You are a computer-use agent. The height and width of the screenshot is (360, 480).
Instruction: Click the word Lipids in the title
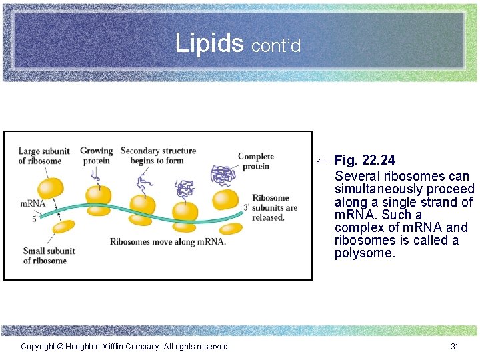tap(209, 43)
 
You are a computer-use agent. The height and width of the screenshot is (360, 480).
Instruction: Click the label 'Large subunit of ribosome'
tap(39, 156)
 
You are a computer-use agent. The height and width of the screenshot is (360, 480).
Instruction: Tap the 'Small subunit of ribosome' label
tap(49, 256)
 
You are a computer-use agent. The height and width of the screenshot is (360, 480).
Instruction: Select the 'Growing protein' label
tap(96, 156)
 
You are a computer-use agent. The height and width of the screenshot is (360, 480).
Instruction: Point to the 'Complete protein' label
tap(255, 161)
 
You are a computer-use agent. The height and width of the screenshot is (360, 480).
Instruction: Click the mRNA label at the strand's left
tap(33, 203)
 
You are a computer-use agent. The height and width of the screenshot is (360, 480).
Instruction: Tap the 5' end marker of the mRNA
tap(34, 219)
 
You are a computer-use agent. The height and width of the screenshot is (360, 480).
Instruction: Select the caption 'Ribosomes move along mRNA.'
tap(168, 241)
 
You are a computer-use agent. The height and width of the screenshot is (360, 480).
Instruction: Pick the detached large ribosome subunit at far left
tap(50, 187)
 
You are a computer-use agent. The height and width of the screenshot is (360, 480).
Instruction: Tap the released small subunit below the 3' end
tap(231, 229)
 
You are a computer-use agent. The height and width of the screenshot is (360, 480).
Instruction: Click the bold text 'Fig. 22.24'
tap(365, 160)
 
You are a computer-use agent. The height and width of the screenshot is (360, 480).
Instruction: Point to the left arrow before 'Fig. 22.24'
tap(323, 160)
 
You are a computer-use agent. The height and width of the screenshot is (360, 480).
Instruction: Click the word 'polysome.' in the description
tap(365, 253)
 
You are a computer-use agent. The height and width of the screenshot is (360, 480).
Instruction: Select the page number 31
tap(455, 346)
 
